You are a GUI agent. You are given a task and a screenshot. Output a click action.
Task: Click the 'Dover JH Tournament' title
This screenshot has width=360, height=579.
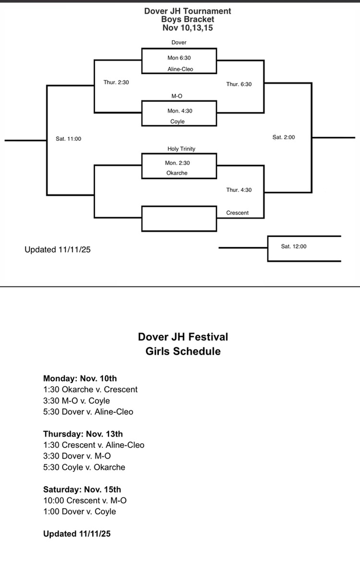click(x=179, y=11)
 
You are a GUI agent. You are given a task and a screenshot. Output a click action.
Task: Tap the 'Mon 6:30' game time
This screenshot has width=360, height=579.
click(x=179, y=57)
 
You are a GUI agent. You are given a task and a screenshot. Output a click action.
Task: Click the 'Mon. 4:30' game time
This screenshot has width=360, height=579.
click(x=179, y=111)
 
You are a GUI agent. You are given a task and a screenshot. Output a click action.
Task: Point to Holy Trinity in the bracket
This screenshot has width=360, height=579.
click(x=181, y=149)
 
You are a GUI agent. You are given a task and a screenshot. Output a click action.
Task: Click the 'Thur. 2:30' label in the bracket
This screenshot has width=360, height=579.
click(x=116, y=82)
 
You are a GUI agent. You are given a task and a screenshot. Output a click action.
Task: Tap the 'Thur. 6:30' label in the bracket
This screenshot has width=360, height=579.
click(x=239, y=84)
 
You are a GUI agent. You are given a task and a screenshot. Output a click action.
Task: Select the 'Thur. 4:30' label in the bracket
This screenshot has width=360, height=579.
click(x=239, y=189)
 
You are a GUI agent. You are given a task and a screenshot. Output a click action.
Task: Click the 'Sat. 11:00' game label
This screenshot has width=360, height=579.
click(x=68, y=139)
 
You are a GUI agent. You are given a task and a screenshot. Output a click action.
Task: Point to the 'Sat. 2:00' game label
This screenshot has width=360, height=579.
click(x=284, y=137)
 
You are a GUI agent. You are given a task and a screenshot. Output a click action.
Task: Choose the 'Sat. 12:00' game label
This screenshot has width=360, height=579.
click(x=294, y=246)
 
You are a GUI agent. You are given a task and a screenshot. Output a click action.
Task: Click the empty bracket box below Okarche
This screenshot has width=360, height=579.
click(x=179, y=219)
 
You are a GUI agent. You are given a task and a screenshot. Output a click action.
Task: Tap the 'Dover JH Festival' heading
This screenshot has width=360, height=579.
click(x=183, y=337)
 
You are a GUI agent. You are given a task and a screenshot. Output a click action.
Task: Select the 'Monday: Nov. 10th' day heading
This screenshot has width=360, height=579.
click(x=80, y=378)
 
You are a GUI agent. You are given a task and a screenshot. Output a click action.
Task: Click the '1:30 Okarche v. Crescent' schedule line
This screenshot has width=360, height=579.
click(x=90, y=389)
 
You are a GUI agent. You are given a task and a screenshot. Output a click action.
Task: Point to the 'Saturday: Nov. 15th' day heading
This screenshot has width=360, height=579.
click(x=82, y=489)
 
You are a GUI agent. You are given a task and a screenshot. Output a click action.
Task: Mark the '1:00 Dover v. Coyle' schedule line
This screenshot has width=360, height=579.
click(x=80, y=511)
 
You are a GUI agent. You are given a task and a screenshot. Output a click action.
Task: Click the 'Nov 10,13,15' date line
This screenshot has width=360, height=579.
click(x=179, y=28)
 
